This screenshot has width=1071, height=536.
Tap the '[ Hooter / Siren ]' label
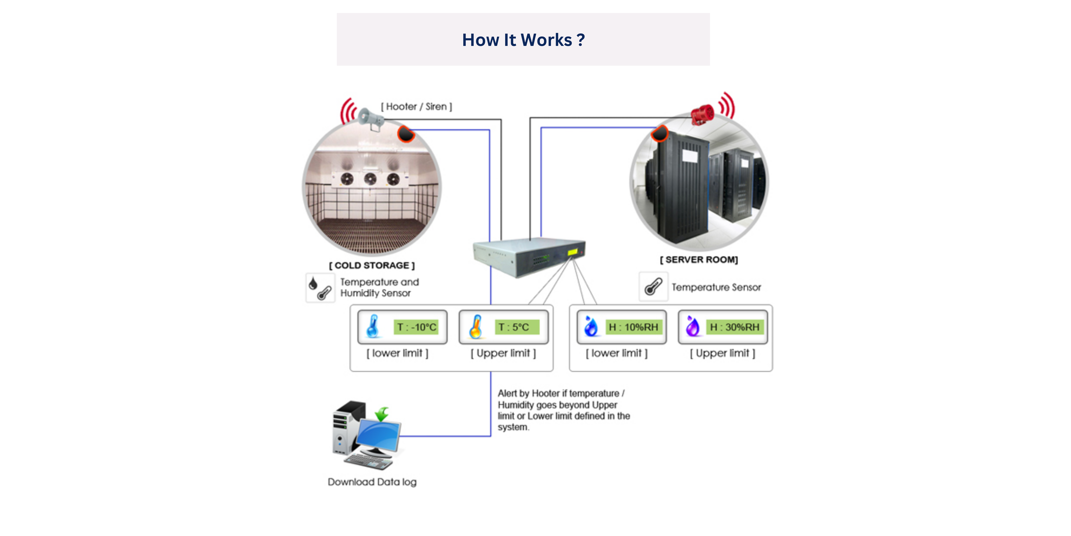416,107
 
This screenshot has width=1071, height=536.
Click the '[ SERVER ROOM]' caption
699,260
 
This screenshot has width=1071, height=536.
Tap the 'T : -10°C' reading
416,327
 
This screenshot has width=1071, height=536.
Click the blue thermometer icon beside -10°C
373,326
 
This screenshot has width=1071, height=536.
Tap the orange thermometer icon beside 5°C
476,326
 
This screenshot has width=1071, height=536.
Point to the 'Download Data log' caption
372,482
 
